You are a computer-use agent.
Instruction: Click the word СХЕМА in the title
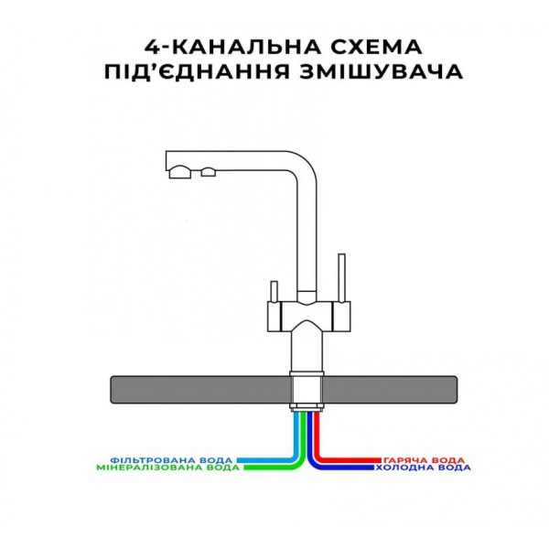(376, 47)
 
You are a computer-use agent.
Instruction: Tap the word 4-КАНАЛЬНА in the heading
(232, 47)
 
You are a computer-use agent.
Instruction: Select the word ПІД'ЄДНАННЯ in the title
(197, 71)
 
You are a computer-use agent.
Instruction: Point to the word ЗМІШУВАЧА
(382, 71)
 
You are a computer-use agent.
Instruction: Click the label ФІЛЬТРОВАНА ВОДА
(171, 459)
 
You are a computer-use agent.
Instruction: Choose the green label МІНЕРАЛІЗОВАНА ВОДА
(167, 468)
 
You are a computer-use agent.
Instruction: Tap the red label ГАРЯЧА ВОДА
(424, 460)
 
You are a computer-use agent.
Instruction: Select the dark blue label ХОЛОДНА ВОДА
(423, 468)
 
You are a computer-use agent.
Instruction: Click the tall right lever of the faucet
(341, 277)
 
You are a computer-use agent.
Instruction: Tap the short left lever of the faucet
(274, 291)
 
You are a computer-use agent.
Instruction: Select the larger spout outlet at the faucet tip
(180, 172)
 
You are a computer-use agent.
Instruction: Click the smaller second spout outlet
(209, 172)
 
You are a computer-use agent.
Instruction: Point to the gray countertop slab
(284, 390)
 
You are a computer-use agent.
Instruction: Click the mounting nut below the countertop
(307, 407)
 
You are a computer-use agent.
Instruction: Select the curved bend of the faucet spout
(301, 167)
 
